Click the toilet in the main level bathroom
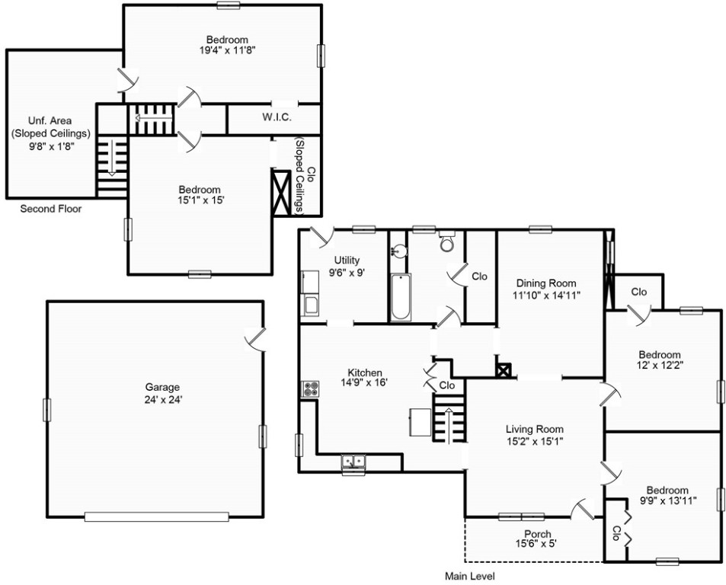click(x=447, y=243)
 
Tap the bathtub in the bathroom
click(x=400, y=298)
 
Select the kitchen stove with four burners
click(x=311, y=388)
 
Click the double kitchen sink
click(x=353, y=461)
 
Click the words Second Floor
click(x=50, y=209)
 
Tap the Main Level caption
click(x=470, y=577)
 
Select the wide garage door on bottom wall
click(x=156, y=516)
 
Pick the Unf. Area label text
click(x=50, y=120)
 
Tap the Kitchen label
click(x=366, y=372)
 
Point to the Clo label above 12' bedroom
click(x=638, y=292)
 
